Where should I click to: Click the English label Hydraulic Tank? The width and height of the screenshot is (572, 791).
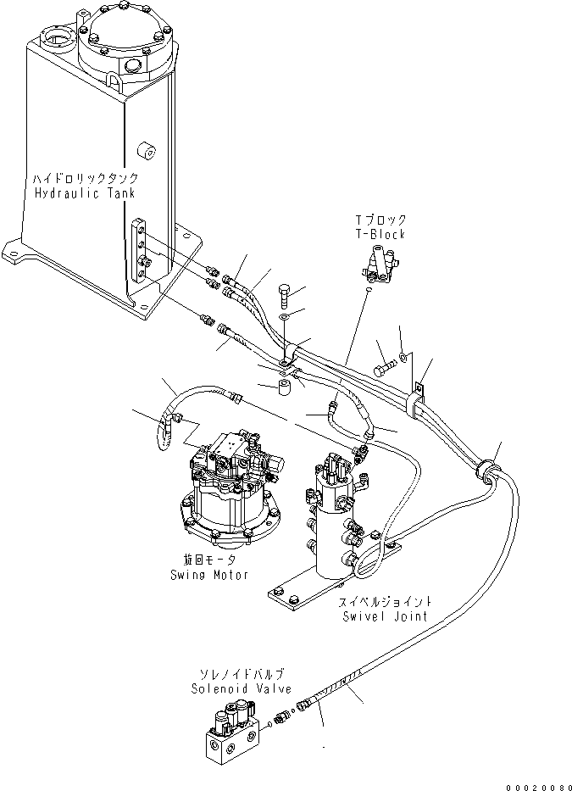(x=85, y=193)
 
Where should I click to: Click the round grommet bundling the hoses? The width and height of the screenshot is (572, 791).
(x=487, y=469)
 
